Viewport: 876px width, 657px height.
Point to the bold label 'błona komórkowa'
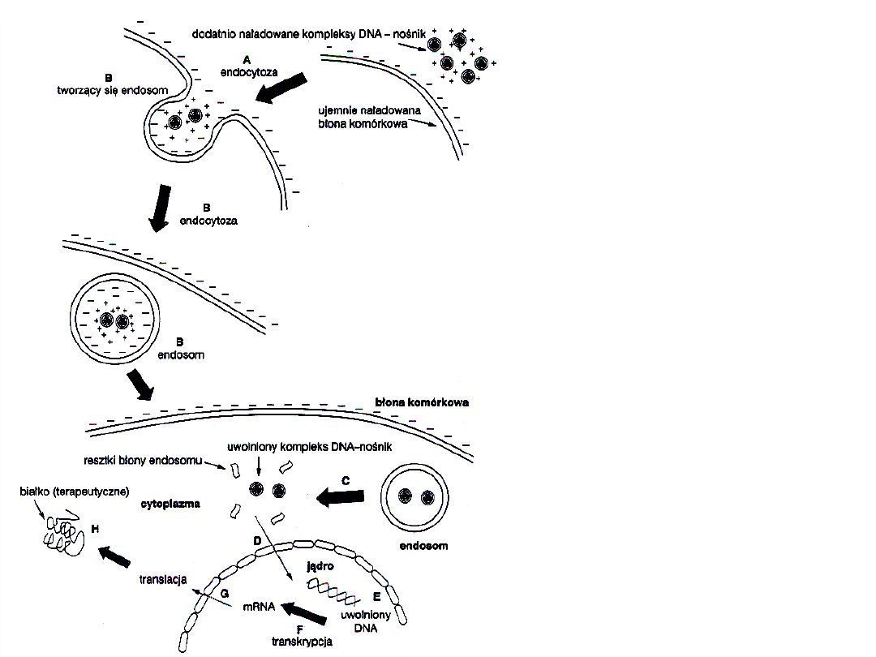click(422, 402)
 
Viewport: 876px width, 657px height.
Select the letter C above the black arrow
click(345, 480)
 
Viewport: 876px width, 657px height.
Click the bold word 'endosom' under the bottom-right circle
click(423, 546)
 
